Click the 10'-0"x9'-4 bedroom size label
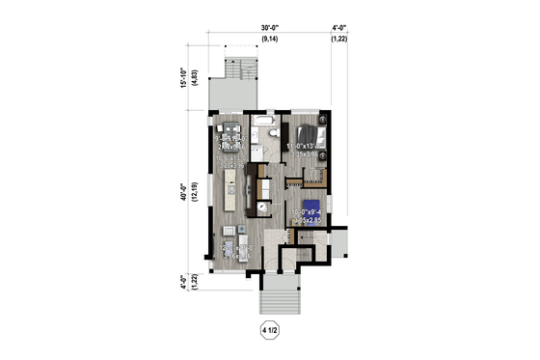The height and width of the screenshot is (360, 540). tap(310, 215)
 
